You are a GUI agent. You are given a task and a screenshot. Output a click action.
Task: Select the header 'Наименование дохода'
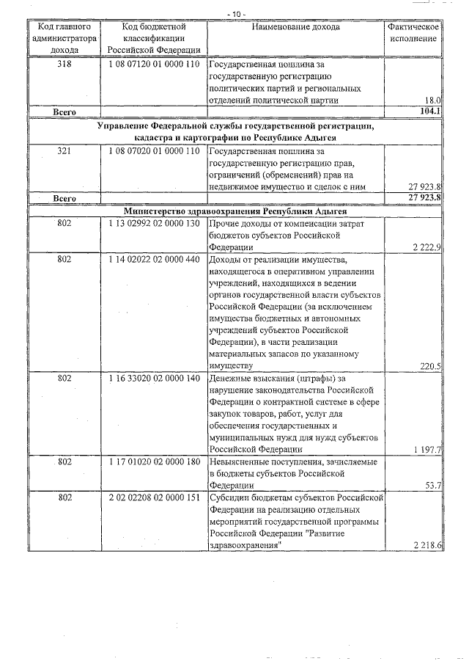pos(296,27)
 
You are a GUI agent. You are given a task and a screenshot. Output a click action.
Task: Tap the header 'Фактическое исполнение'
pos(413,33)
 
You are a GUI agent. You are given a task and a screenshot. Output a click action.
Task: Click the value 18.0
pos(432,100)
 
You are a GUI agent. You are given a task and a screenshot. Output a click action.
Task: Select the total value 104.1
pos(429,112)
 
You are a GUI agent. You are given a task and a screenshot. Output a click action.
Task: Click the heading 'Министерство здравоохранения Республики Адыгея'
pos(234,210)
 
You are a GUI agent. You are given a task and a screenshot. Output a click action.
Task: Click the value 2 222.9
pos(426,248)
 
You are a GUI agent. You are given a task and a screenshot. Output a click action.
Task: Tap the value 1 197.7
pos(426,449)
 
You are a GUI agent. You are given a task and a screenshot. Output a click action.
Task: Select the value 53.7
pos(432,485)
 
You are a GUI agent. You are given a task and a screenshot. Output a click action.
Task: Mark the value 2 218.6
pos(426,545)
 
